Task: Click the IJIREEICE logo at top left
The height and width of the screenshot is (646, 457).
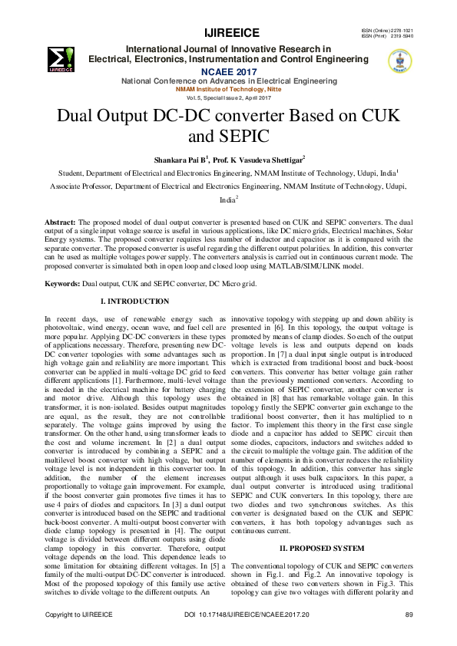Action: click(x=61, y=58)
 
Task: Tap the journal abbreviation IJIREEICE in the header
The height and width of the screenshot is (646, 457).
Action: click(x=231, y=32)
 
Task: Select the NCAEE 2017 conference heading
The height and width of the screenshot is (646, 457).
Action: click(x=228, y=70)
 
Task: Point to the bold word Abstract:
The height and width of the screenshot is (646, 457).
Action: click(x=61, y=221)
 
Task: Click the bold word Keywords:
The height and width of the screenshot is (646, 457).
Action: click(x=63, y=262)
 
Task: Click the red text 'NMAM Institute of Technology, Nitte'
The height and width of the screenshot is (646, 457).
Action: click(x=228, y=90)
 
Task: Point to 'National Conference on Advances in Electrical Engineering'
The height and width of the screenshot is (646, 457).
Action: click(x=228, y=81)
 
